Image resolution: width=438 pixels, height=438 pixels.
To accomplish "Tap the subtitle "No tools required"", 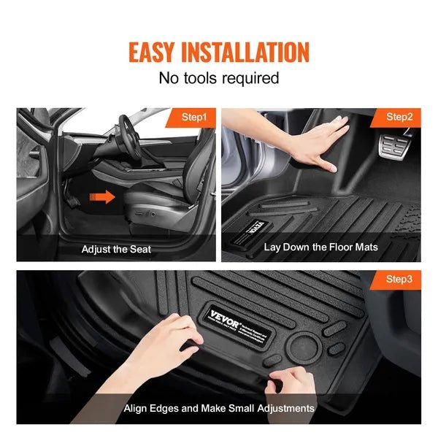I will click(x=219, y=78).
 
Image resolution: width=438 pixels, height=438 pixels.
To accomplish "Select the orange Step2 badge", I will click(x=399, y=117).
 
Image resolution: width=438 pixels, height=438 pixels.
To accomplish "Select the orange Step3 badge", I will click(x=399, y=280).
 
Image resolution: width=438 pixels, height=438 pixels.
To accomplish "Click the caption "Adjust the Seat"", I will click(x=117, y=249).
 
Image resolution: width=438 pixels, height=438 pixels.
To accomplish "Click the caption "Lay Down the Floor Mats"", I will click(x=321, y=247).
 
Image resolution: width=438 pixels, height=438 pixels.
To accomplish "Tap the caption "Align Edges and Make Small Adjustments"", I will click(x=219, y=408).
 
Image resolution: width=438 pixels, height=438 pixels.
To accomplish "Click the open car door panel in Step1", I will click(x=36, y=175).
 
